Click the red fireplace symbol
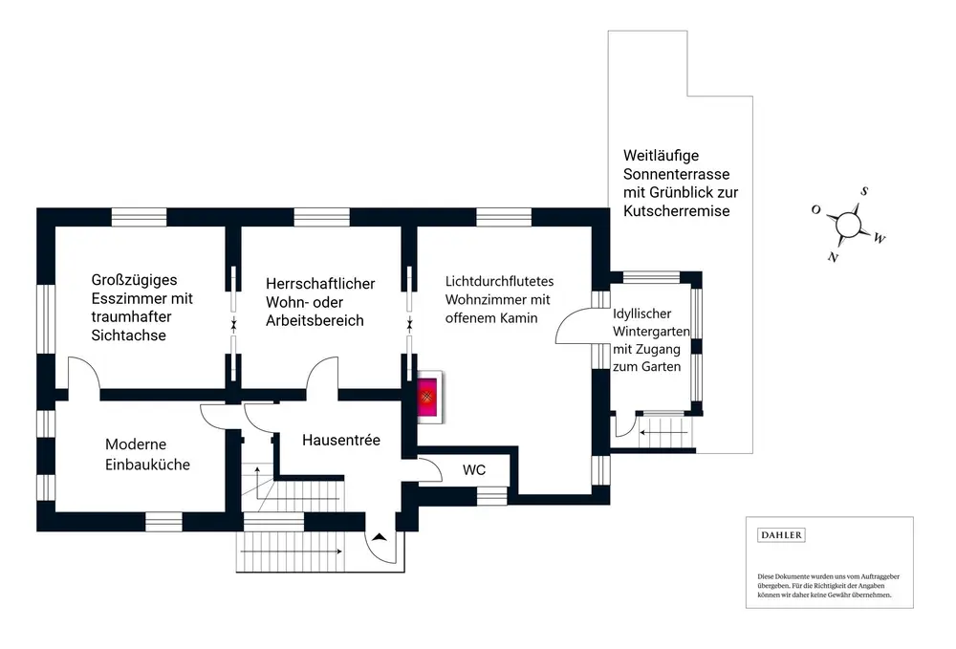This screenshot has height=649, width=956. click(427, 395)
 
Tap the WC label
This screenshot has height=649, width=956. click(474, 470)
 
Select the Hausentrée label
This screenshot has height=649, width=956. click(341, 441)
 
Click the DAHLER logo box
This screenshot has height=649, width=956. click(781, 535)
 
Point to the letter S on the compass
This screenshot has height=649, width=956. click(864, 191)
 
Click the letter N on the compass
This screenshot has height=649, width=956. click(834, 257)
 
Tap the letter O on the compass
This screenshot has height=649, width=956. click(815, 208)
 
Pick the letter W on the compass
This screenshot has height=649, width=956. click(880, 238)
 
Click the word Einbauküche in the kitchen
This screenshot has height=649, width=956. click(148, 465)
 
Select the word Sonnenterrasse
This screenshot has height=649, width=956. click(676, 174)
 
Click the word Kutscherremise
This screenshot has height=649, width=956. click(676, 210)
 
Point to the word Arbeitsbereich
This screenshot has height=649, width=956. click(315, 320)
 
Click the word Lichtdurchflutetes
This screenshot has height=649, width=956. click(500, 282)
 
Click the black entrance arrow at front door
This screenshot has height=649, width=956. click(380, 537)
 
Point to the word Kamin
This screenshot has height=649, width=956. click(519, 318)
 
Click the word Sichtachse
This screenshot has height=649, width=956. click(129, 335)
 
